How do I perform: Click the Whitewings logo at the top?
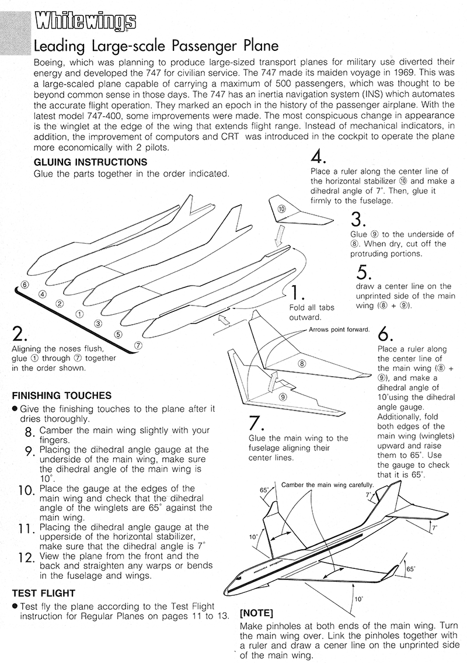pos(85,23)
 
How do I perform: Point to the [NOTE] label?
pos(257,613)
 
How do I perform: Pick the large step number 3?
pos(358,219)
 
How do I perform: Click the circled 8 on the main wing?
pos(302,363)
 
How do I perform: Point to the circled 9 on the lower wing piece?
pos(283,397)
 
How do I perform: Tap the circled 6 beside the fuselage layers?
pos(24,284)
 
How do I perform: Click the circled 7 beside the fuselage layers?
pos(138,345)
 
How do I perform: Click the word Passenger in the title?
pos(185,46)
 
